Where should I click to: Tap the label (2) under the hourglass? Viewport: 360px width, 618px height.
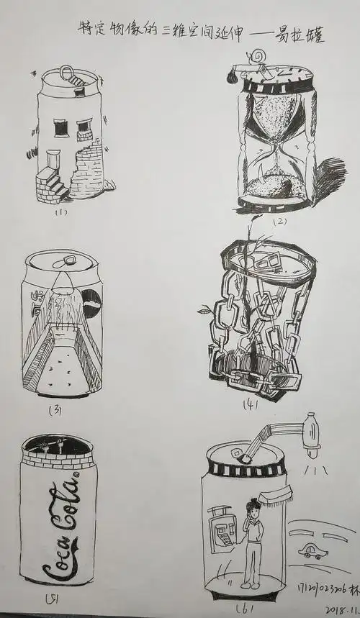278,222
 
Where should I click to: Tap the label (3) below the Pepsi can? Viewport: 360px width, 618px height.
54,410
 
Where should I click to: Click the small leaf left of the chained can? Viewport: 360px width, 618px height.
204,311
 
